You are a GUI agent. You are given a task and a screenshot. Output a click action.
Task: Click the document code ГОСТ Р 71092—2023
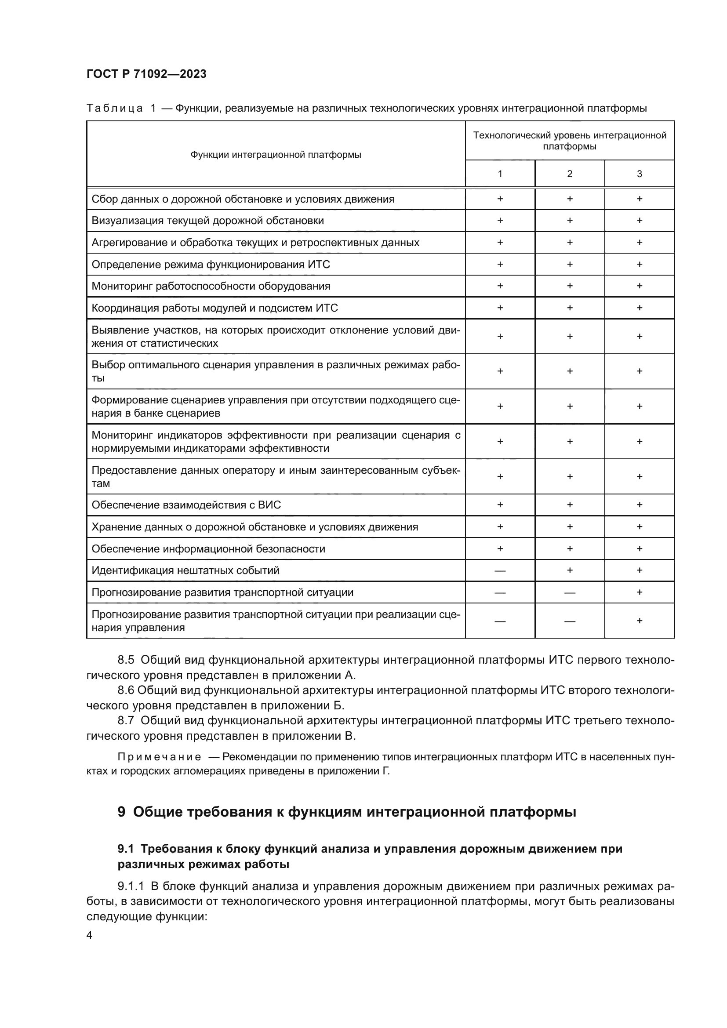(x=146, y=74)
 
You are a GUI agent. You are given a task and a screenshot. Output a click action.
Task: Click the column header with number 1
(x=500, y=174)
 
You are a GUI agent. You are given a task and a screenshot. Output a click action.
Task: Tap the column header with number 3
(x=639, y=174)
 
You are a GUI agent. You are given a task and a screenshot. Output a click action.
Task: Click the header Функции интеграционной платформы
(x=276, y=155)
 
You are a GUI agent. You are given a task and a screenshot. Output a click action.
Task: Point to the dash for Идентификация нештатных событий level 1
(x=500, y=571)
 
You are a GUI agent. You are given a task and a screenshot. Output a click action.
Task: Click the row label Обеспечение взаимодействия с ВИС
(x=186, y=505)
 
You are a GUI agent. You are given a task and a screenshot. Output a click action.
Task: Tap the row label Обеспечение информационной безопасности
(x=208, y=549)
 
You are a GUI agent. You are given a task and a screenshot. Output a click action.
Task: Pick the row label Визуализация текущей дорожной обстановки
(x=208, y=221)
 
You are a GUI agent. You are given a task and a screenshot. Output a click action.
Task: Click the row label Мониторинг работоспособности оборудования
(x=211, y=286)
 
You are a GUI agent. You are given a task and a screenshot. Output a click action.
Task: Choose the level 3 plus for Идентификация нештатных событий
(x=639, y=570)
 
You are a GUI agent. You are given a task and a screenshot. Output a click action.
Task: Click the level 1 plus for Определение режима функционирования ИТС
(x=500, y=264)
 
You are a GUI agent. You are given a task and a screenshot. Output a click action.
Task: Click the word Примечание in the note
(x=159, y=757)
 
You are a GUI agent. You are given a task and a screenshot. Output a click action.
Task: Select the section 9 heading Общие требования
(x=346, y=812)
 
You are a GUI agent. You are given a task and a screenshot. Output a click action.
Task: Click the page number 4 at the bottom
(x=89, y=935)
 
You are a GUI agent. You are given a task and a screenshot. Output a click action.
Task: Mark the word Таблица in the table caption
(x=115, y=109)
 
